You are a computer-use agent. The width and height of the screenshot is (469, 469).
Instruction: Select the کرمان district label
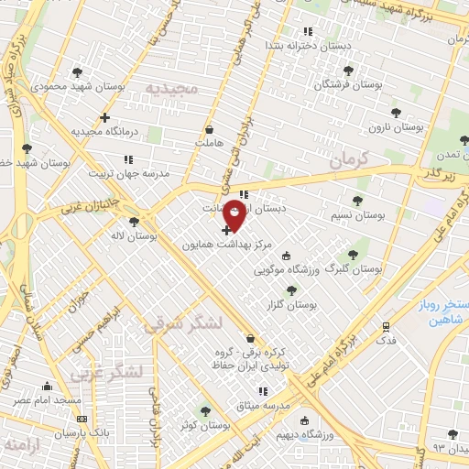click(x=345, y=159)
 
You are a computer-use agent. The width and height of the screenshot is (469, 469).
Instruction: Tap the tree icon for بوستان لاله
click(x=135, y=222)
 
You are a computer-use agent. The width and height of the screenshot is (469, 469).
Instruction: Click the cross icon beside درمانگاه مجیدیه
click(x=105, y=117)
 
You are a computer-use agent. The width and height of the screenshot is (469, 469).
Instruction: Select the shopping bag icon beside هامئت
click(x=210, y=129)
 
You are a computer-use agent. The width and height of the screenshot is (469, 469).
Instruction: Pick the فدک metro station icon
click(x=386, y=325)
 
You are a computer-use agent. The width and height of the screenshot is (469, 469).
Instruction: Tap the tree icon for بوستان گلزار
click(x=291, y=289)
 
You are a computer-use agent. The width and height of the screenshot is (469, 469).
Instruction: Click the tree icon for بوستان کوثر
click(x=206, y=411)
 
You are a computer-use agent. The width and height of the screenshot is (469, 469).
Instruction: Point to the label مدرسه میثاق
click(x=261, y=406)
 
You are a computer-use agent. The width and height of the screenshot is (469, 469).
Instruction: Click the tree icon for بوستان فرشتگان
click(x=347, y=71)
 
